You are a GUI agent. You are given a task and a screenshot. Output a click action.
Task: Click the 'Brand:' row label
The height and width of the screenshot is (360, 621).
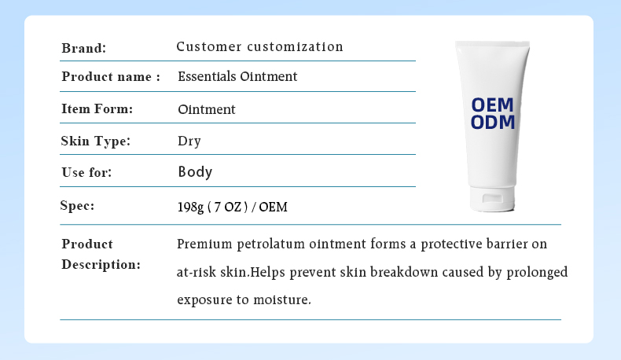point(83,48)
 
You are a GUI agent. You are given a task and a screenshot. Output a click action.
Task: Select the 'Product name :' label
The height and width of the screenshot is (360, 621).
point(111,77)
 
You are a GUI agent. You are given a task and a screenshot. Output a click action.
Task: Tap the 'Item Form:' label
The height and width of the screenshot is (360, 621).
point(97,109)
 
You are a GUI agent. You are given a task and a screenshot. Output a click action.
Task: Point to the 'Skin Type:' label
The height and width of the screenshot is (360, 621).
point(95,141)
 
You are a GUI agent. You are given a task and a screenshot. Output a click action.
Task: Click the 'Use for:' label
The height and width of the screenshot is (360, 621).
point(86,172)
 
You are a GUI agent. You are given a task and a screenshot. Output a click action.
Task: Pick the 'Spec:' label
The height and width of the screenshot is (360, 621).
point(77,206)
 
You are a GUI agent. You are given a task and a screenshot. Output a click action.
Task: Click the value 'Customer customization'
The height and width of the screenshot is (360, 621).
point(259,46)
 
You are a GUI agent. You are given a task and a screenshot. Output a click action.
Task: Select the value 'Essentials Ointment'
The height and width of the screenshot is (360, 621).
point(237,77)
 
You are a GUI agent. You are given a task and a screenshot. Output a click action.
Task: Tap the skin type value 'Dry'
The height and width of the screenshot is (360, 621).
point(189,141)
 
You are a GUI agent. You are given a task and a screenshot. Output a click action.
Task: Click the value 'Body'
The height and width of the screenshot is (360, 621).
point(195,171)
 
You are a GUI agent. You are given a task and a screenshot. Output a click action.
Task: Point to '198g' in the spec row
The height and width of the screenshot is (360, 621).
point(191,207)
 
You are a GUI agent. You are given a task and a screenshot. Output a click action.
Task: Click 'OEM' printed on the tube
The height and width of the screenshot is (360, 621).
point(492,105)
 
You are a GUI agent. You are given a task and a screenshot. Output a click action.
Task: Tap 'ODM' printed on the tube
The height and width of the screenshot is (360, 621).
point(492,122)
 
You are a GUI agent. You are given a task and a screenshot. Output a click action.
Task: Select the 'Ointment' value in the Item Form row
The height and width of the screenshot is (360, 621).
point(207,109)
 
